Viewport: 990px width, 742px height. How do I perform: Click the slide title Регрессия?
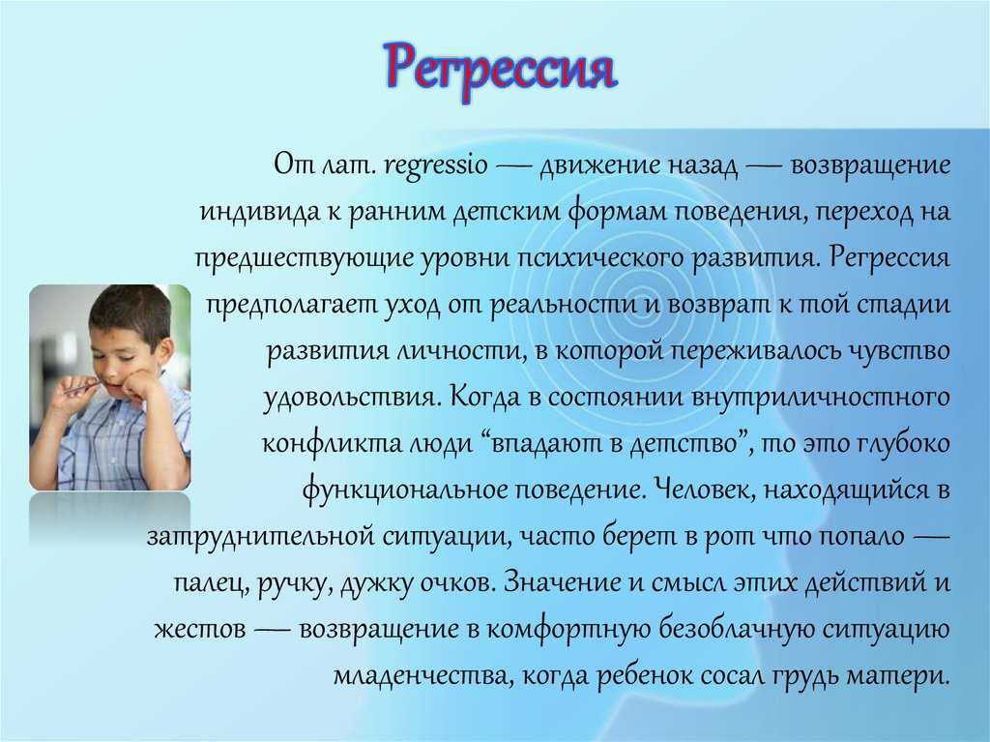tap(500, 69)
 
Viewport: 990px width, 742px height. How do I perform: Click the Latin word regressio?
tap(436, 166)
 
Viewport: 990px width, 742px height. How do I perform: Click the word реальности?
tap(564, 305)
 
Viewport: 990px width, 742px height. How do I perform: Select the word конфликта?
tap(332, 444)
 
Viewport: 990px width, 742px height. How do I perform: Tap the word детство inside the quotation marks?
tap(684, 444)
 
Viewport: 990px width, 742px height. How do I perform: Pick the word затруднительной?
tap(261, 537)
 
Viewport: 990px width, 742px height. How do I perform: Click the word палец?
tap(210, 583)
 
